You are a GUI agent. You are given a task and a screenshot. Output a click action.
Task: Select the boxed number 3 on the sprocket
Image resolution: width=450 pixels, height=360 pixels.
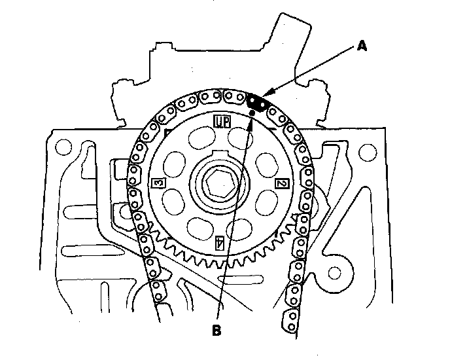click(158, 183)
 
